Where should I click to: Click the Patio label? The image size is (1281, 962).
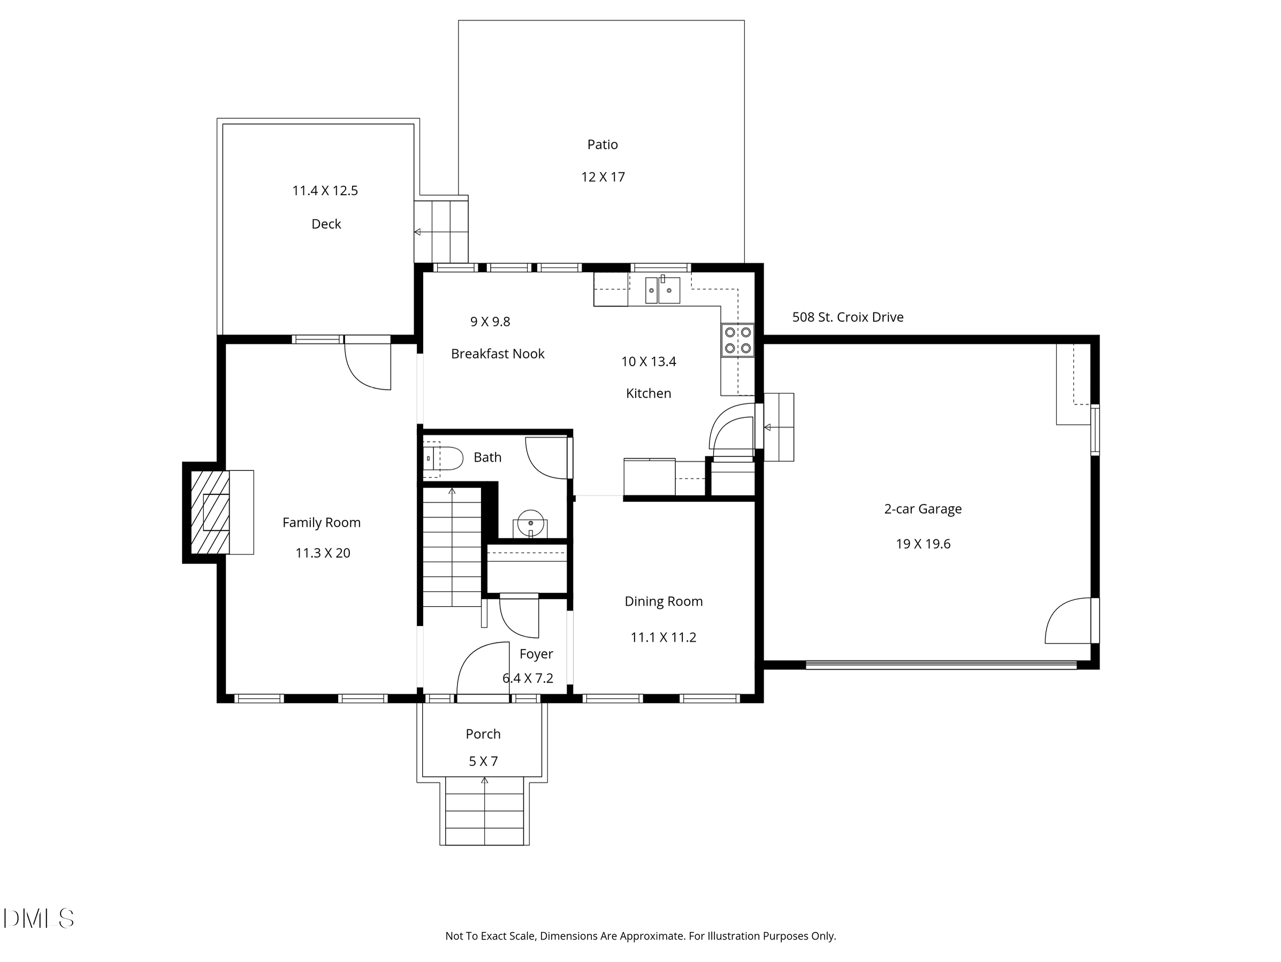tap(603, 145)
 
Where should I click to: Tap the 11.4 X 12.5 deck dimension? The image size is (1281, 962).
tap(325, 190)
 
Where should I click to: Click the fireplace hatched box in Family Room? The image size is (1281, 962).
tap(211, 513)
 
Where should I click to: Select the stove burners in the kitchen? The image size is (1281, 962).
tap(738, 340)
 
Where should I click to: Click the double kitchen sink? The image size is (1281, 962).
tap(662, 289)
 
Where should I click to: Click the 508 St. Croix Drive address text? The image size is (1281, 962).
tap(847, 317)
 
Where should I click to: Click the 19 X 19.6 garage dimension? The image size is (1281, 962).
tap(922, 544)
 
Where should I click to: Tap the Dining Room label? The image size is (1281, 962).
tap(663, 601)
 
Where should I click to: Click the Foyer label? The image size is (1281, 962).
tap(536, 654)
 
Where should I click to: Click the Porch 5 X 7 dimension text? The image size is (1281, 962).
tap(483, 761)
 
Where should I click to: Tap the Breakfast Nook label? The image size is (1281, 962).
tap(498, 354)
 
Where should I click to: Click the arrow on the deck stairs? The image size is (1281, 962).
tap(417, 232)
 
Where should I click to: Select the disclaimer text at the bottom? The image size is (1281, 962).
tap(640, 936)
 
